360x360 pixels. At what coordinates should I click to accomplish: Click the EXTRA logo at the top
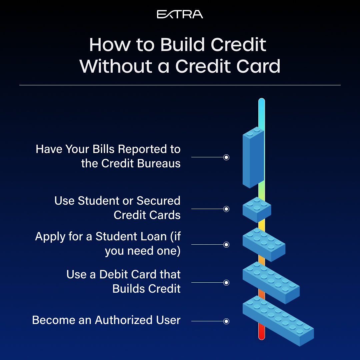pos(180,14)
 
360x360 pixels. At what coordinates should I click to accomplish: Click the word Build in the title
pos(182,45)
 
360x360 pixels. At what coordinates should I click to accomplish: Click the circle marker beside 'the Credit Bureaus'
pos(226,157)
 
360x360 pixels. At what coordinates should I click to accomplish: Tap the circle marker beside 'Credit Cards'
pos(226,209)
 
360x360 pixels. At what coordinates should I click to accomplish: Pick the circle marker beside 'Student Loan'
pos(226,245)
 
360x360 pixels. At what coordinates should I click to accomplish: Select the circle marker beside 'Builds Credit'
pos(226,283)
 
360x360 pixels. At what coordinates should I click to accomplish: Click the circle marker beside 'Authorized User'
pos(226,321)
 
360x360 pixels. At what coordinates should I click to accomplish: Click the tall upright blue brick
pos(253,157)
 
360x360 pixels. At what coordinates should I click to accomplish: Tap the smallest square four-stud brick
pos(257,210)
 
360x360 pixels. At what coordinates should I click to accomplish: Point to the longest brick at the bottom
pos(278,321)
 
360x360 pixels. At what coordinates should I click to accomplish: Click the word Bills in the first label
pos(104,149)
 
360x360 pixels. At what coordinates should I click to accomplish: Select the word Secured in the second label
pos(158,201)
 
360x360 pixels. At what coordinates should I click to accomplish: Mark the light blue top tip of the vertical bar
pos(262,100)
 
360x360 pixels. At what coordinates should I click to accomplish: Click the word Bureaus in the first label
pos(159,163)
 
